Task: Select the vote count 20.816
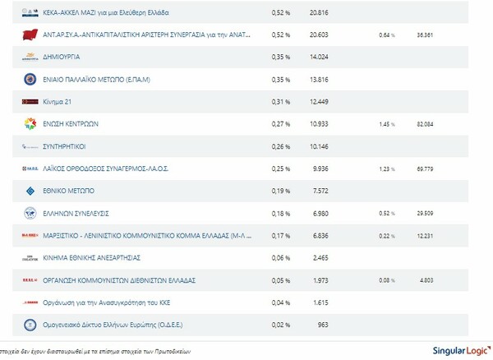[319, 13]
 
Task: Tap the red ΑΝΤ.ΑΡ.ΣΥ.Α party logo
[30, 35]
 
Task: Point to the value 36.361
[425, 36]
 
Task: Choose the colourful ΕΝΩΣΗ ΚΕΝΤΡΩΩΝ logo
[30, 124]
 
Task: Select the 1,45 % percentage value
[386, 125]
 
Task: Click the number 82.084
[425, 125]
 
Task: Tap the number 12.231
[425, 236]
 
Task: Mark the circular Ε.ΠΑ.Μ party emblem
[30, 80]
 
